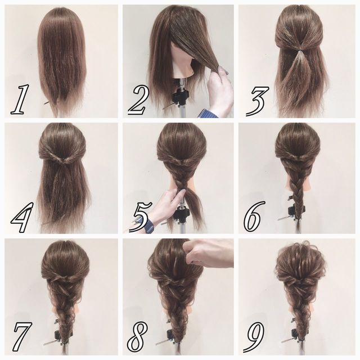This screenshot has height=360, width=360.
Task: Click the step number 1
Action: point(20,99)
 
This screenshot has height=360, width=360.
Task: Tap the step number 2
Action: point(138,101)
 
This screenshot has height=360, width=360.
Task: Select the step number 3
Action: point(256,101)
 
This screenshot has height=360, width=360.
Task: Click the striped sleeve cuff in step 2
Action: point(208,113)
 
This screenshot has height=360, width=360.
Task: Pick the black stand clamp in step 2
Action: point(181,96)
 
